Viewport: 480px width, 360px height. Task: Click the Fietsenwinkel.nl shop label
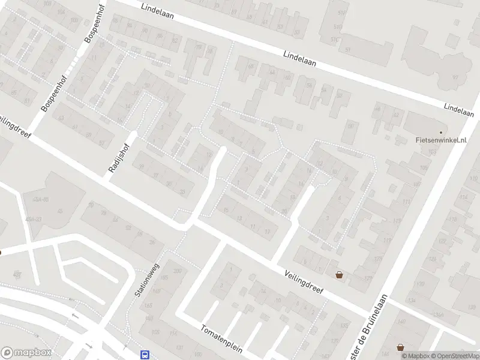tap(441, 140)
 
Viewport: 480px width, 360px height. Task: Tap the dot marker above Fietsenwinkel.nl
tap(441, 132)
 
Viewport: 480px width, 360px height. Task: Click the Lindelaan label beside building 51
tap(300, 58)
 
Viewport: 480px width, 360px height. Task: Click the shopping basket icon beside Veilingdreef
tap(340, 275)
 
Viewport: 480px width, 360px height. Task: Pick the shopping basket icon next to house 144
tap(400, 347)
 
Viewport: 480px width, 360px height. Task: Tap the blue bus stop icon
tap(145, 355)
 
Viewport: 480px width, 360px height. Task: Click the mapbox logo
tap(26, 353)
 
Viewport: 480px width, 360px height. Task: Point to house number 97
tap(455, 78)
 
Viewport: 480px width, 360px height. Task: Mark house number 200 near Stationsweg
tap(177, 271)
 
